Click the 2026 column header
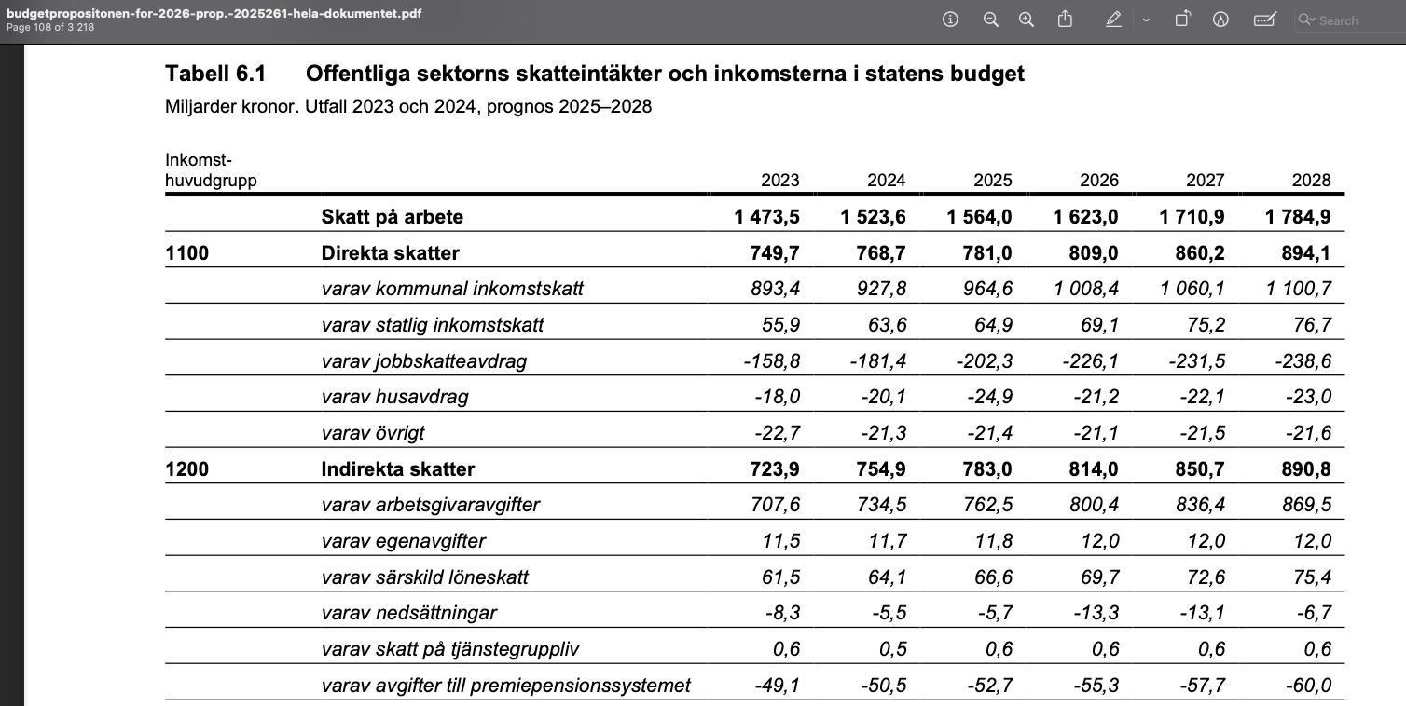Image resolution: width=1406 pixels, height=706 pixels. point(1099,180)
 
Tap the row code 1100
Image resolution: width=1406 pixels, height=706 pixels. point(186,252)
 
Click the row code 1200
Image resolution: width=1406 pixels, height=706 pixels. point(186,469)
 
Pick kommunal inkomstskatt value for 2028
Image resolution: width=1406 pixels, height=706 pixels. point(1299,289)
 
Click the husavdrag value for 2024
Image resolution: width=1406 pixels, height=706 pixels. point(883,397)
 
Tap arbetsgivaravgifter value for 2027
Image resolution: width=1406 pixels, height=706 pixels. point(1195,505)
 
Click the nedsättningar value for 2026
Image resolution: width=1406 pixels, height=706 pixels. point(1091,613)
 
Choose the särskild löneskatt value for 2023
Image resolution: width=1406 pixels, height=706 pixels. point(780,577)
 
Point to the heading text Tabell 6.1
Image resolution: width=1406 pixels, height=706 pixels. point(215,74)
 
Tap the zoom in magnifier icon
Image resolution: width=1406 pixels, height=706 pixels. point(1027,20)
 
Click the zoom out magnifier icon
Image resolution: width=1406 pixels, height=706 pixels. point(991,20)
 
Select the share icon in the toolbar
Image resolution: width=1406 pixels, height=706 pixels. point(1065,20)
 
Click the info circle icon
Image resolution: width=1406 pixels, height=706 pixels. point(951,20)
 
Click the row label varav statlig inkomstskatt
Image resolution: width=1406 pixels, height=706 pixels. point(433,325)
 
